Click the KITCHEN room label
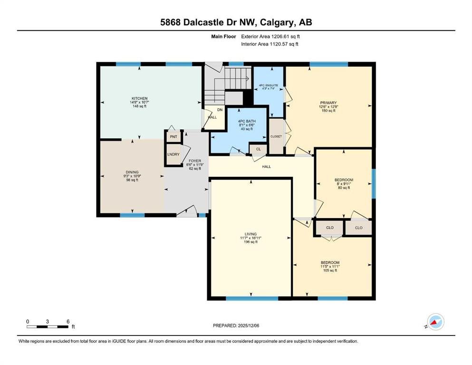coord(139,98)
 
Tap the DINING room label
coord(132,172)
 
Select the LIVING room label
coord(251,234)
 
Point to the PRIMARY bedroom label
coord(328,103)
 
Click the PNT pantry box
coord(173,137)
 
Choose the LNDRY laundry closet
coord(173,154)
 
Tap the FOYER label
coord(195,161)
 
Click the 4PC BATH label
coord(247,121)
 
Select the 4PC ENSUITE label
coord(269,86)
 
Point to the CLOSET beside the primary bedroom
coord(276,136)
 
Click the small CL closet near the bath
coord(258,149)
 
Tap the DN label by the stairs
coord(220,110)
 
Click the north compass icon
coord(435,322)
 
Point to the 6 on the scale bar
coord(68,321)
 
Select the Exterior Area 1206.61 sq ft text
coord(270,37)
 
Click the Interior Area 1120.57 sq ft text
coord(270,44)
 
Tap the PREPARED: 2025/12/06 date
coord(236,326)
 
